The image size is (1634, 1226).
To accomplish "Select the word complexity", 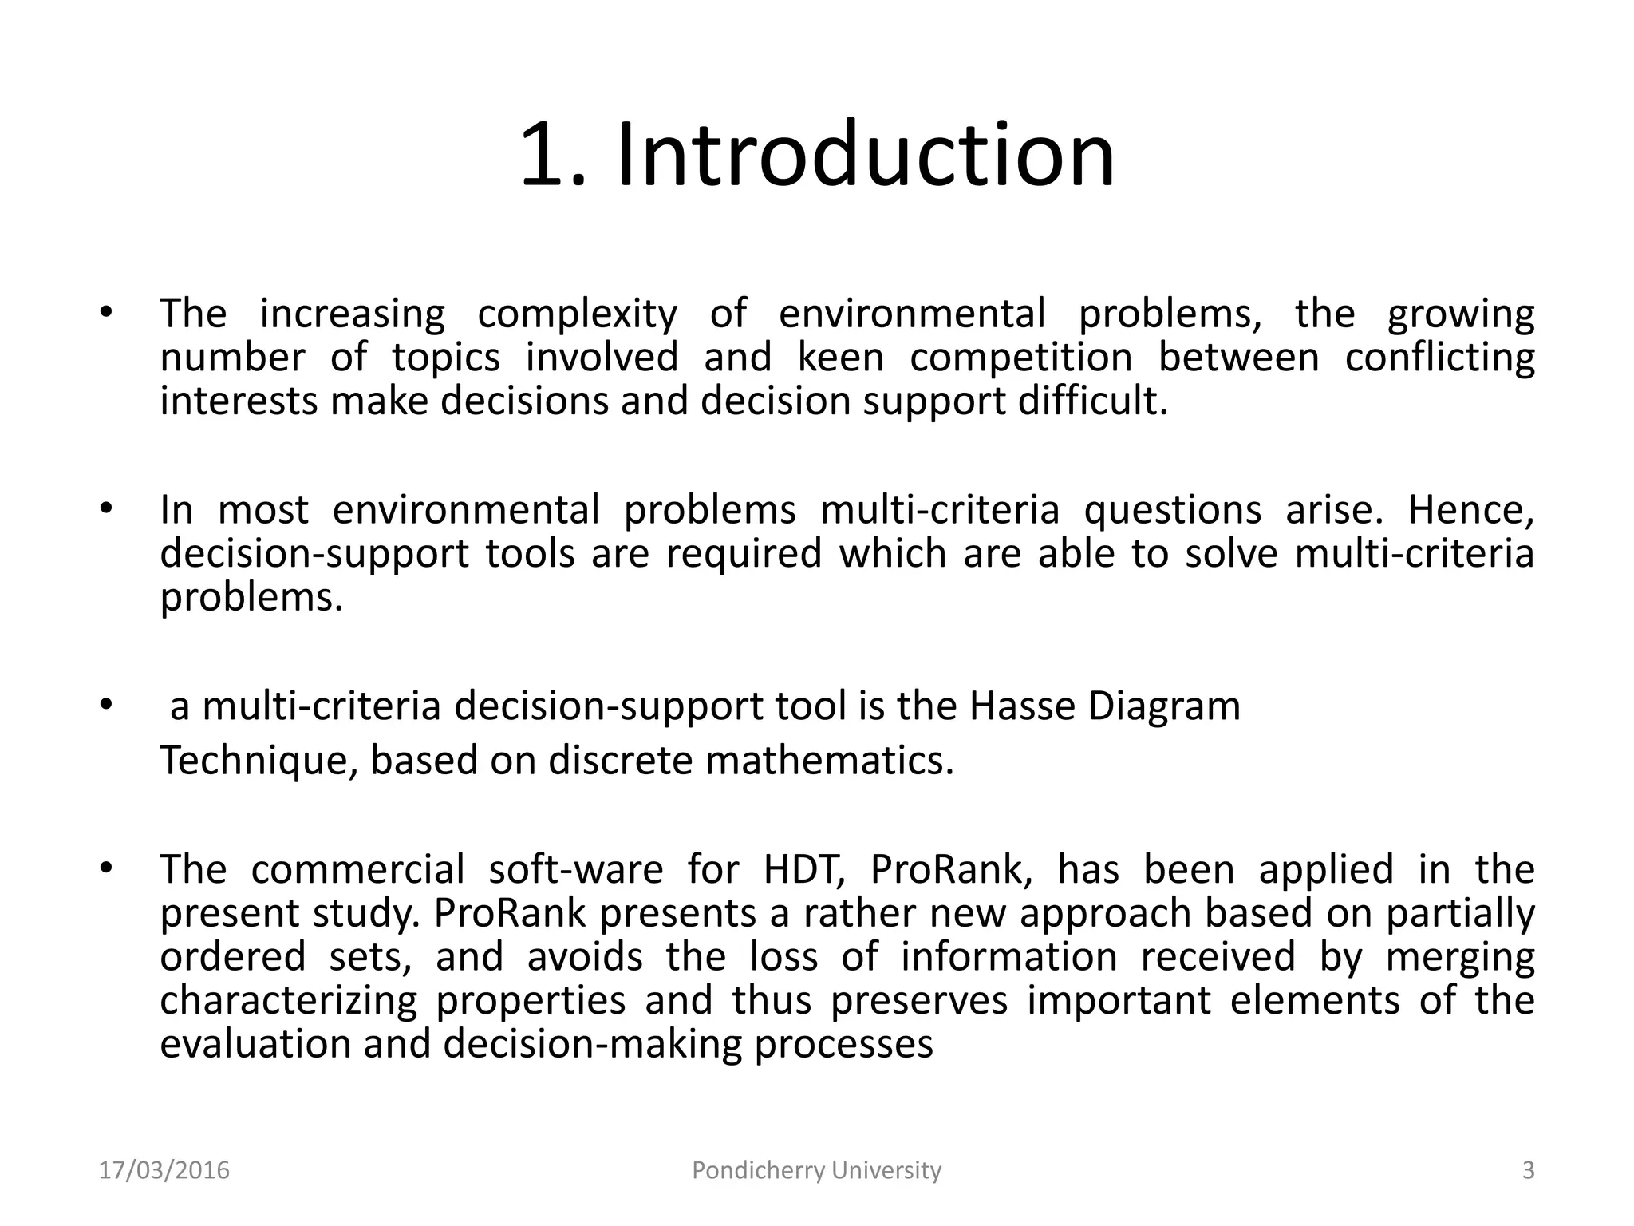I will coord(577,314).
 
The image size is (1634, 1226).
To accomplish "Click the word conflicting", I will coord(1439,357).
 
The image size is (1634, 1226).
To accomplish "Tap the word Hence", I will coord(1470,509).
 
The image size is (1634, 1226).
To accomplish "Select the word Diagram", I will coord(1164,706).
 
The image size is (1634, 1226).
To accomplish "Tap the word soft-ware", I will coord(575,869).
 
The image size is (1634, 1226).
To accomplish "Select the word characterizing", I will coord(289,1000).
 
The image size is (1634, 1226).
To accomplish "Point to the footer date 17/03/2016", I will coord(164,1170).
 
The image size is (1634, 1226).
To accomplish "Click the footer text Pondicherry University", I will coord(816,1170).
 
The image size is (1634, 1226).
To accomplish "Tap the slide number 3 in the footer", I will coord(1529,1170).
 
